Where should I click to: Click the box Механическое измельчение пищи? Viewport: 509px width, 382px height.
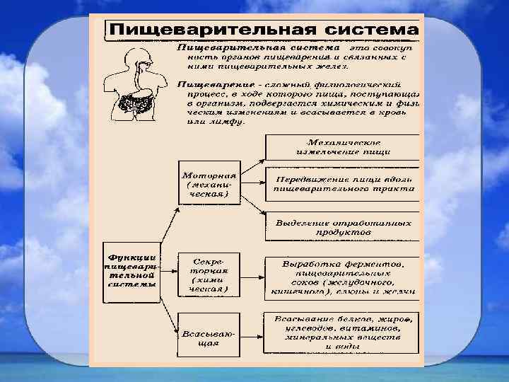point(343,146)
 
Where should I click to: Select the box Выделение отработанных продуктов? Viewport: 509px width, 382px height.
point(343,226)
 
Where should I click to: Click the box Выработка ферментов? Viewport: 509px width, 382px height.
point(343,275)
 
